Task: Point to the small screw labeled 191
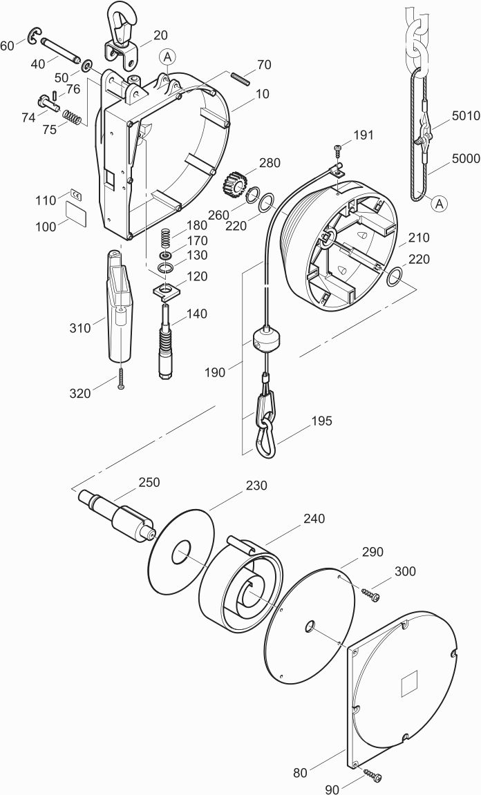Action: click(337, 151)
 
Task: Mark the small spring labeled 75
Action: click(72, 118)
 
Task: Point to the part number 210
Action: click(418, 238)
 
